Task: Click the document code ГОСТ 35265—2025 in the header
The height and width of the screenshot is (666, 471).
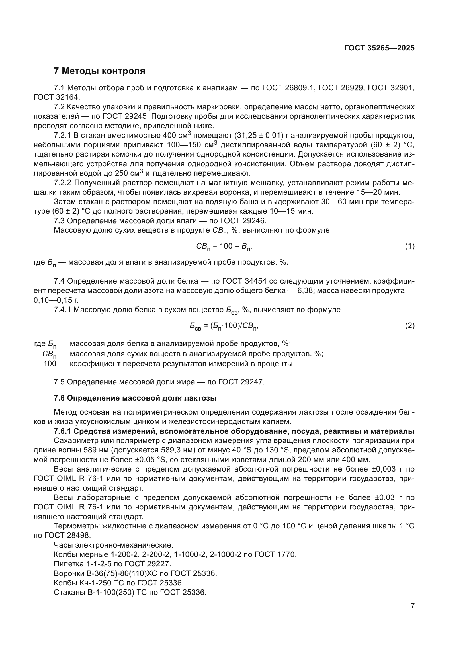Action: [379, 48]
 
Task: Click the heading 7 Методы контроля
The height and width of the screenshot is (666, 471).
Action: [99, 71]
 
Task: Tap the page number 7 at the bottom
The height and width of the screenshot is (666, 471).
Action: [412, 606]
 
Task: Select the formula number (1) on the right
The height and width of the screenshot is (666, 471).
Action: [409, 247]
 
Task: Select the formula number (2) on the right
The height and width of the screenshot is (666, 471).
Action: [409, 326]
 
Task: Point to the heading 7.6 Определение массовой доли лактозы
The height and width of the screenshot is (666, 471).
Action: [135, 398]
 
